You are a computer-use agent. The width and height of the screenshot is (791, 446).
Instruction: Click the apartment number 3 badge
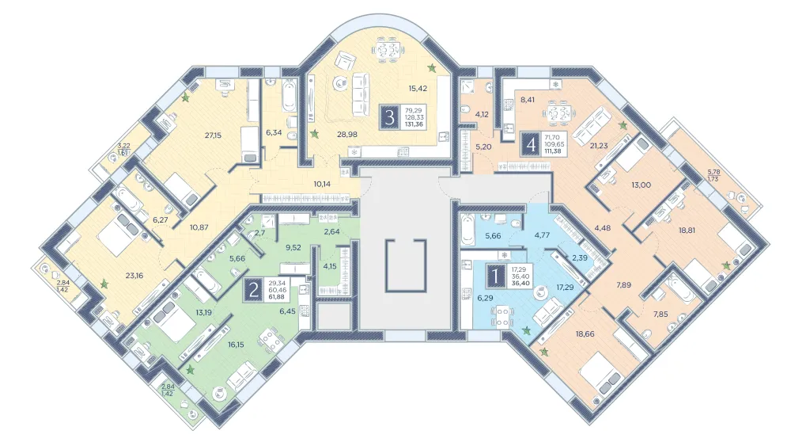pyautogui.click(x=389, y=117)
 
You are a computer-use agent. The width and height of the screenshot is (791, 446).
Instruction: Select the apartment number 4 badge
pyautogui.click(x=531, y=144)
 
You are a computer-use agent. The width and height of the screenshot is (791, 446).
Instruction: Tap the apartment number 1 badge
pyautogui.click(x=496, y=276)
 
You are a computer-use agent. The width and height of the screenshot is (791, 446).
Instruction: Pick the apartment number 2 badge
pyautogui.click(x=253, y=290)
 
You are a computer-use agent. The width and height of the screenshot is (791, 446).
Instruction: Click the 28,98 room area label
pyautogui.click(x=347, y=134)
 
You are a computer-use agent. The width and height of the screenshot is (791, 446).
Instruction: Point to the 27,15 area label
pyautogui.click(x=213, y=135)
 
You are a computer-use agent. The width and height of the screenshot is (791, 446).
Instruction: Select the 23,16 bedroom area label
pyautogui.click(x=134, y=276)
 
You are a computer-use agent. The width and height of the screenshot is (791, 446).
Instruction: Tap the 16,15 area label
pyautogui.click(x=236, y=345)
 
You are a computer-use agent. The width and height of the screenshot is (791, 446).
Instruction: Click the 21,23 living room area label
pyautogui.click(x=599, y=146)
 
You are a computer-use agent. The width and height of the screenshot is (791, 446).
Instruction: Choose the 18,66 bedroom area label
pyautogui.click(x=585, y=334)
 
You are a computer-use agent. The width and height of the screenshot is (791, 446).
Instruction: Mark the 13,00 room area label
pyautogui.click(x=642, y=185)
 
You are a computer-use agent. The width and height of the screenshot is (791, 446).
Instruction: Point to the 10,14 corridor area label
pyautogui.click(x=322, y=184)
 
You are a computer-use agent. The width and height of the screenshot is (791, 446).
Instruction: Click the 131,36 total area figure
pyautogui.click(x=414, y=124)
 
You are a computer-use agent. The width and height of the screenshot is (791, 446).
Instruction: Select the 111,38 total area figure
pyautogui.click(x=554, y=151)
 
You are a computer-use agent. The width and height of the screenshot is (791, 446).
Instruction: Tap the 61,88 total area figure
pyautogui.click(x=277, y=296)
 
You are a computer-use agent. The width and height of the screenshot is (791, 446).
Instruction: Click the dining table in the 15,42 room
pyautogui.click(x=388, y=51)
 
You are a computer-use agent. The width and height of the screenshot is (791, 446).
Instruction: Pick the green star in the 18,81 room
pyautogui.click(x=726, y=265)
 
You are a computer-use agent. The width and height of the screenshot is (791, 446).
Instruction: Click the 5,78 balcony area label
pyautogui.click(x=713, y=172)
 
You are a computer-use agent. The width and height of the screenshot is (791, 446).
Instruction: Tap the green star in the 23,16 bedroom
pyautogui.click(x=104, y=284)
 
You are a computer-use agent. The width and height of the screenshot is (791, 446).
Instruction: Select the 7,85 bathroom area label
pyautogui.click(x=660, y=314)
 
